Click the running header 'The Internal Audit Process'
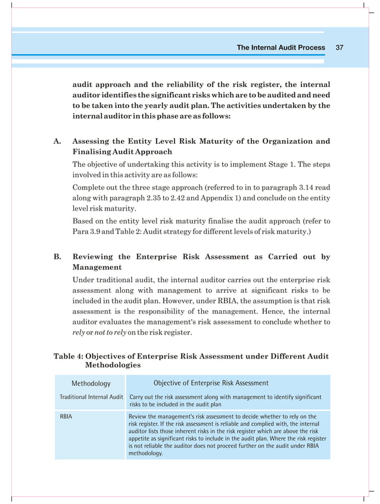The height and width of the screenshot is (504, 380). tap(281, 48)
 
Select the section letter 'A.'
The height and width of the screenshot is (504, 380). tap(58, 141)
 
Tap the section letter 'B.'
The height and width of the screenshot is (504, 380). tap(58, 257)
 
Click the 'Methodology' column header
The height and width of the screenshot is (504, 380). tap(91, 384)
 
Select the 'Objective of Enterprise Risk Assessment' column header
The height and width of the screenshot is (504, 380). tap(211, 383)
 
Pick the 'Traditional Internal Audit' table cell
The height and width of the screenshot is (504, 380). tap(91, 397)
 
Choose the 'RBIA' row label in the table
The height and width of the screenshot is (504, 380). tap(66, 416)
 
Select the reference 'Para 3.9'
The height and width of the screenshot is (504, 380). tap(86, 231)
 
